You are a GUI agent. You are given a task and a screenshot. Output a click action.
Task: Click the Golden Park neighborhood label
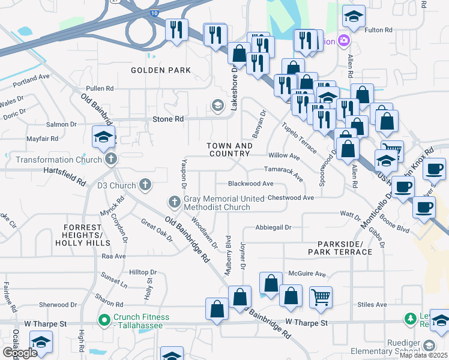pos(161,70)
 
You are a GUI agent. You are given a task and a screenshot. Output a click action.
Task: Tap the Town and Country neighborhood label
pos(229,150)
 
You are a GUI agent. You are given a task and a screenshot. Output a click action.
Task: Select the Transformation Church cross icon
pos(110,159)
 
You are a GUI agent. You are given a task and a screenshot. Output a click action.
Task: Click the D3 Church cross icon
pos(145,184)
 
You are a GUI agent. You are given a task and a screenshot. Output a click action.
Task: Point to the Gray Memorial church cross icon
pos(174,201)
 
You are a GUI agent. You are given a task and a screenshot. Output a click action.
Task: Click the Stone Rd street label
pos(168,119)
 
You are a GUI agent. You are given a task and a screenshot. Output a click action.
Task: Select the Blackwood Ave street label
pos(251,184)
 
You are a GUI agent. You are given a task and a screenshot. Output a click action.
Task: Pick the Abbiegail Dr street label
pos(273,227)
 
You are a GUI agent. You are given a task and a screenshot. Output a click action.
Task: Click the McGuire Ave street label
pos(307,274)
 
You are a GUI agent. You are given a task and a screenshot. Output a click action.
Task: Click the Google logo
pos(19,353)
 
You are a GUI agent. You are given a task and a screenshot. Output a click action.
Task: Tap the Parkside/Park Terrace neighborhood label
pos(340,248)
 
